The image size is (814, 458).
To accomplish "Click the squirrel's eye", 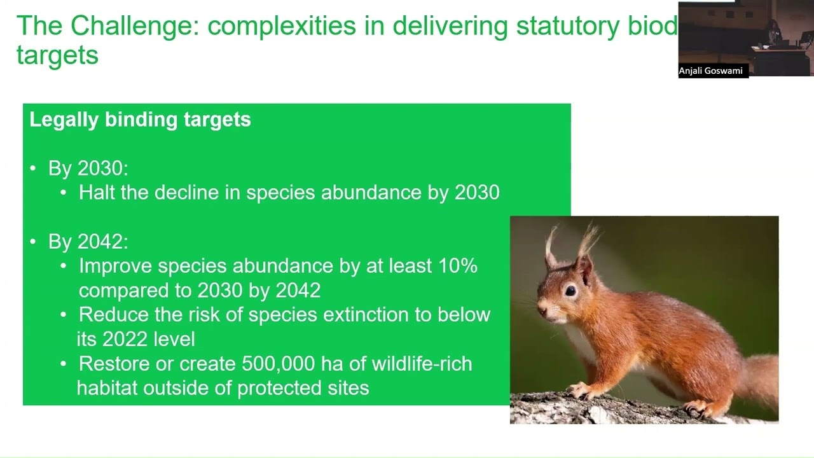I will (x=570, y=291).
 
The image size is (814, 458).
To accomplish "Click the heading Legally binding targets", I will (x=140, y=120).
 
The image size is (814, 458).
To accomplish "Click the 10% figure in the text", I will (x=458, y=266).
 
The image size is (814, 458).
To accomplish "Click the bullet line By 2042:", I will (x=88, y=242).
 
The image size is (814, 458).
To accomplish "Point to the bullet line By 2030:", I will (x=88, y=169).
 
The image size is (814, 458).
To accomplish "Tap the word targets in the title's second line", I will (x=57, y=55).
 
